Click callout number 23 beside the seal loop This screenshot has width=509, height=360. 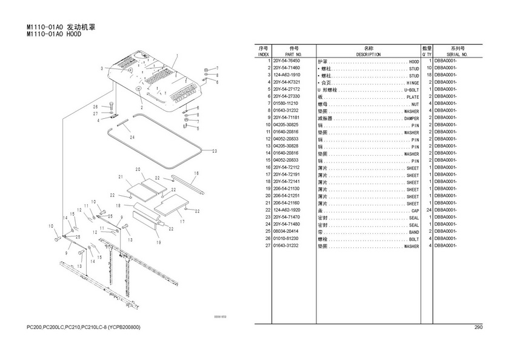tap(214, 151)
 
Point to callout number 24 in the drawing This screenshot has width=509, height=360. tap(131, 137)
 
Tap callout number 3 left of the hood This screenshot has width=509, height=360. tap(103, 68)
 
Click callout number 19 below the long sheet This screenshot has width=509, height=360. tap(159, 242)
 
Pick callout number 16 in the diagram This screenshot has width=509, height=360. tap(195, 173)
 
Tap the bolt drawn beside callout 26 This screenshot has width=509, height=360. tap(113, 109)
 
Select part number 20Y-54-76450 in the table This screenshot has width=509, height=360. tap(287, 61)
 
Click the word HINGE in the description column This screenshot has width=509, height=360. tap(413, 82)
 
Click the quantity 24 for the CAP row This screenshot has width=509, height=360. tap(428, 210)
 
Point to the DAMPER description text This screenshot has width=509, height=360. tap(411, 118)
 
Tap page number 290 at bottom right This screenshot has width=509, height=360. tap(478, 328)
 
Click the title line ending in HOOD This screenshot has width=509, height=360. tap(54, 35)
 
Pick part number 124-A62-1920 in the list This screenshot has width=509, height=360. tap(287, 210)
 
